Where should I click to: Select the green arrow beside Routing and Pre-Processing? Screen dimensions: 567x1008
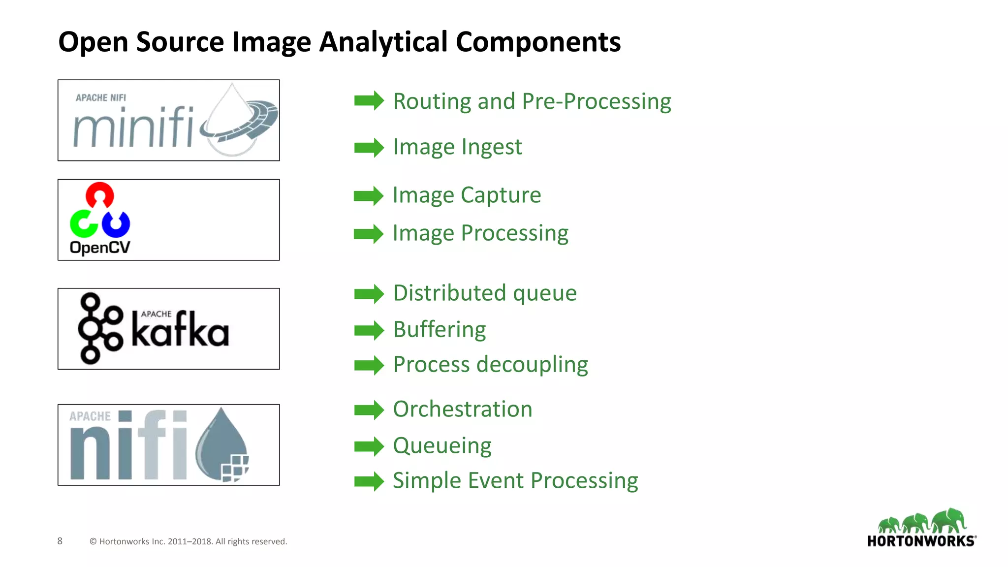[x=369, y=101]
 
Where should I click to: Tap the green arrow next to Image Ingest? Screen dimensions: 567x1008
[x=369, y=147]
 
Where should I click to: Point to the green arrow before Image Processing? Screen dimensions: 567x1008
[x=368, y=234]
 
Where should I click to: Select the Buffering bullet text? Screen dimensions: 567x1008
[x=439, y=330]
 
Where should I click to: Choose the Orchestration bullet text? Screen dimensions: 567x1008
[x=462, y=409]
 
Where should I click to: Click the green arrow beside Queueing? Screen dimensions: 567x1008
[x=369, y=446]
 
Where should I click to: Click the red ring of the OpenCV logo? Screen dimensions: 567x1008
[x=100, y=195]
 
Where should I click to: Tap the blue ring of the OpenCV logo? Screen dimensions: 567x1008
[x=116, y=224]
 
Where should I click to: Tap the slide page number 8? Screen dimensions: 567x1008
[x=60, y=541]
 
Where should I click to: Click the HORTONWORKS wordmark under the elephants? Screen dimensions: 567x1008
[x=921, y=541]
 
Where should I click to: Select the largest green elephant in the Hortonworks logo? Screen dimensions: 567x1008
[x=950, y=520]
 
